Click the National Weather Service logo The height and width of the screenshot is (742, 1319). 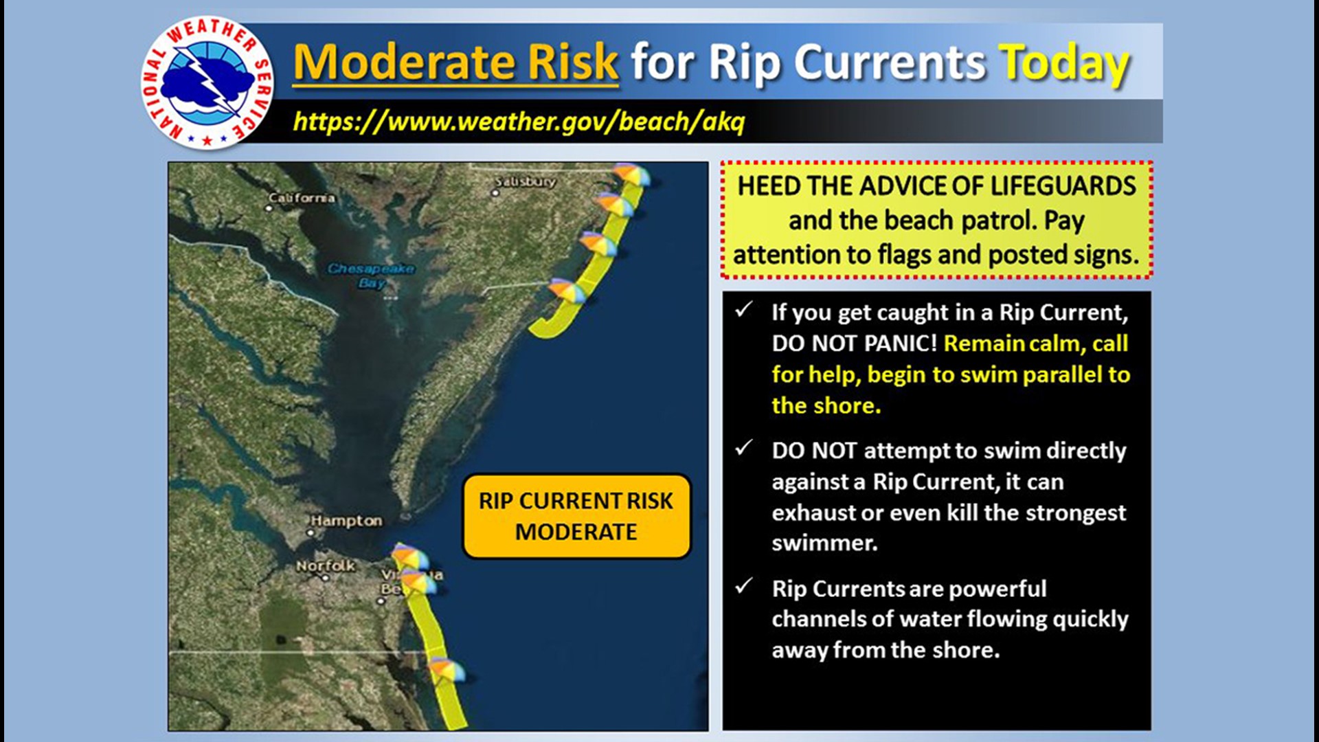207,82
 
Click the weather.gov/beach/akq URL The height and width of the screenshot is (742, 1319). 519,122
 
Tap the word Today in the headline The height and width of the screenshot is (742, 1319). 1063,63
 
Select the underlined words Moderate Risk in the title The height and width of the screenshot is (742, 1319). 455,63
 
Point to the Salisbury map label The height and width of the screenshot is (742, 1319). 526,181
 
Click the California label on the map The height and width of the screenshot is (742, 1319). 302,198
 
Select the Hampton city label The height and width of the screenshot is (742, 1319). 346,521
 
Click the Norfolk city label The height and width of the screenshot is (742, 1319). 326,565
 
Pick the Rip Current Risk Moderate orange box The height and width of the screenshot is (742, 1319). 576,516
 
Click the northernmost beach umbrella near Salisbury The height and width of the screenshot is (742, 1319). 630,174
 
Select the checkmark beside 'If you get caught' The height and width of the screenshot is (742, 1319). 743,310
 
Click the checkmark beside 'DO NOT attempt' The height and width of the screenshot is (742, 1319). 743,449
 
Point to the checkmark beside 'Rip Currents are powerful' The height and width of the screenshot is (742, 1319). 743,586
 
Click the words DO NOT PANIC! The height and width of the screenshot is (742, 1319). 854,343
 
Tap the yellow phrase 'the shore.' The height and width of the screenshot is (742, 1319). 826,405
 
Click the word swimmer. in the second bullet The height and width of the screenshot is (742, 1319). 824,543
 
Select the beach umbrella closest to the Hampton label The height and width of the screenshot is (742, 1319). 409,555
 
